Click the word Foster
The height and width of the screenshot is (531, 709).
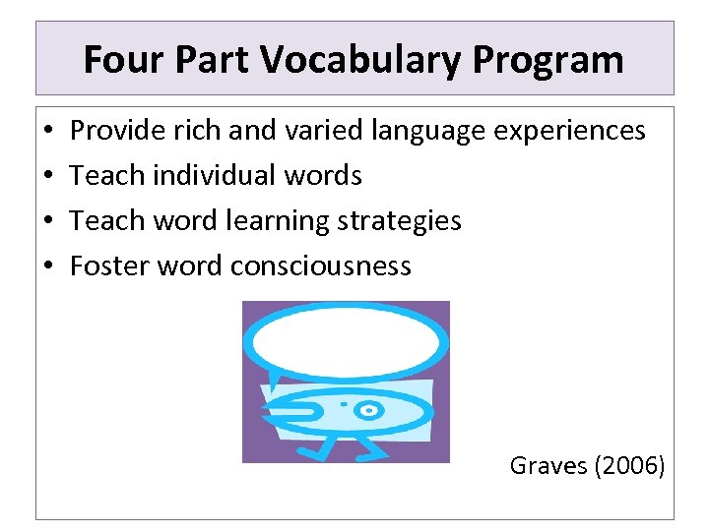[104, 265]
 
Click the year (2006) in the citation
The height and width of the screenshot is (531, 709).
[630, 465]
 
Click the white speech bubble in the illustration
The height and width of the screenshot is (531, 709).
[345, 337]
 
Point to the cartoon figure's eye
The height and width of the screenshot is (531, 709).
[368, 409]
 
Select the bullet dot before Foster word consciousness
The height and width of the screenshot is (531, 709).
[48, 266]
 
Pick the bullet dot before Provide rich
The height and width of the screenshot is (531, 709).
[48, 131]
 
